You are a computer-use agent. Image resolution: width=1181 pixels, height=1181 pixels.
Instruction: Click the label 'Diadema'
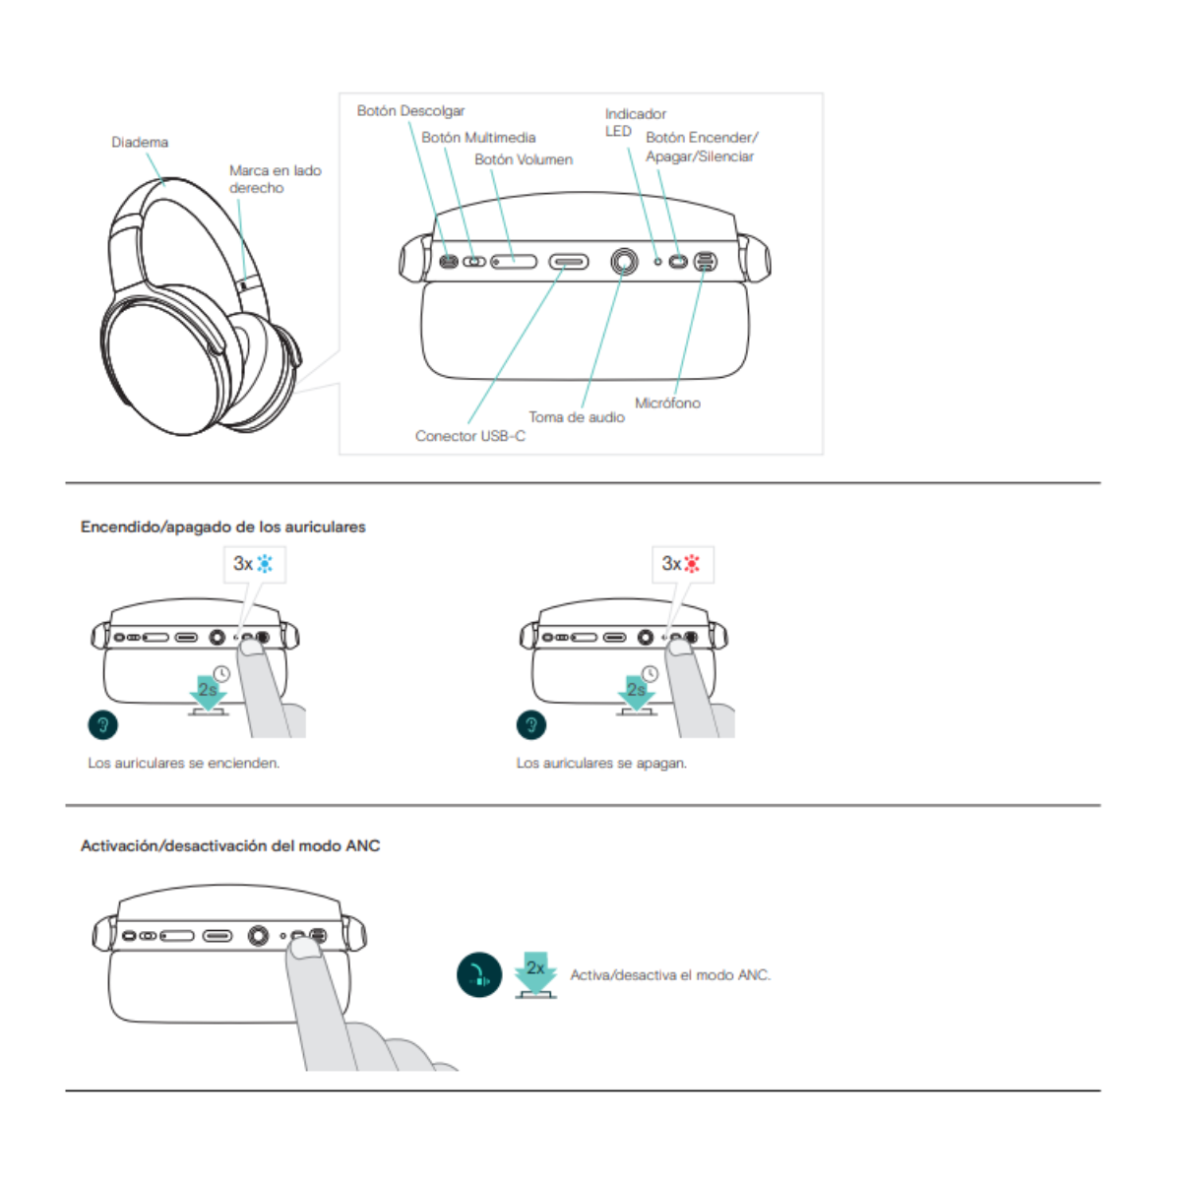pos(140,143)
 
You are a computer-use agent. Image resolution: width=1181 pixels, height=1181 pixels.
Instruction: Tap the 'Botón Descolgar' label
pos(410,111)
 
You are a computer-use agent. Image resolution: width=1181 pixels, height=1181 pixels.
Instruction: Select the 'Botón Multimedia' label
pos(478,138)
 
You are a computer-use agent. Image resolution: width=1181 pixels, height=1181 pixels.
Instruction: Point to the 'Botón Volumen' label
pos(524,159)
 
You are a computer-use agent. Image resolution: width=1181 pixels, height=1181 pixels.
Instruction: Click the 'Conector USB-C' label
pos(469,436)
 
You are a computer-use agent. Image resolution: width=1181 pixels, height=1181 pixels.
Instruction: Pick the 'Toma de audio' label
pos(576,417)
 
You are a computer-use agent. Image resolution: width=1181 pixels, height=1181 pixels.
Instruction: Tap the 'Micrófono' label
pos(667,403)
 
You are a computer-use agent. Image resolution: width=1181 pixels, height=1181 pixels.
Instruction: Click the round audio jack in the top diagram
pos(623,262)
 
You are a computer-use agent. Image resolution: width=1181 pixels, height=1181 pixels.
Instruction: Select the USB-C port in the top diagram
pos(569,262)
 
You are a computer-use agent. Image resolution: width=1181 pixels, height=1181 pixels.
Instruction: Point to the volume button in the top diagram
pos(514,262)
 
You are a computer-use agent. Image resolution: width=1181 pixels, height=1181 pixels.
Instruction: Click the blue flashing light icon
pos(265,564)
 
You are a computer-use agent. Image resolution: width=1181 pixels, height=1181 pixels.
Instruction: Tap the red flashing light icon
pos(693,564)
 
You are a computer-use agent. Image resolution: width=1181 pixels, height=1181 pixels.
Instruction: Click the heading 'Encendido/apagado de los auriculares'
pos(223,528)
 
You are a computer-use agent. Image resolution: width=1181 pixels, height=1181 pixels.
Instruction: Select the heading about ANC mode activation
pos(230,845)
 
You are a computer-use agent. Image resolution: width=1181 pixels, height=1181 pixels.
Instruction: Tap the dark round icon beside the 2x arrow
pos(479,975)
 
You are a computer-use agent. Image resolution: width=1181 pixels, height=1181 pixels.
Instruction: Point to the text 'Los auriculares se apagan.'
pos(601,763)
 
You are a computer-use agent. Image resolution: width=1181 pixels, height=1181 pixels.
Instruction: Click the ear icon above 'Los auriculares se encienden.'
pos(102,725)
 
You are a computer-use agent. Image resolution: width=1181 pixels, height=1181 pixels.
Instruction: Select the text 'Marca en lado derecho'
pos(275,179)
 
